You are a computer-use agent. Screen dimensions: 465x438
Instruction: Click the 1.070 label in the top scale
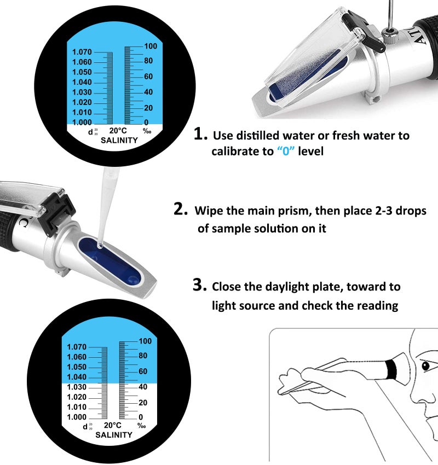coord(82,52)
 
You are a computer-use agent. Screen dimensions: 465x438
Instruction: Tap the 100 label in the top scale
coord(150,47)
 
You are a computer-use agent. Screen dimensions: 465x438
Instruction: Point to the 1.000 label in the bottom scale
coord(77,417)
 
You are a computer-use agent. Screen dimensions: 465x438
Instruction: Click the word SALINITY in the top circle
coord(119,141)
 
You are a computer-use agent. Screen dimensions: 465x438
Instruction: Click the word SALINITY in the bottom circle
coord(113,435)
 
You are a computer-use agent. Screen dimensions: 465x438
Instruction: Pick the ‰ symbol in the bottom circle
coord(141,426)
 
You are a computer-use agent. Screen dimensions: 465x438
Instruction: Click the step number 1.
coord(200,135)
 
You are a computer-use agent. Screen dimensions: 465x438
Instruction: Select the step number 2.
coord(181,210)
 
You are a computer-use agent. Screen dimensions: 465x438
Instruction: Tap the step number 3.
coord(199,285)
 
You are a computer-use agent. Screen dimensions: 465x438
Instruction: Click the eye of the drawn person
coord(427,365)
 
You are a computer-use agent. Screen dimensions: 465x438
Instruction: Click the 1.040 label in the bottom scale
coord(77,377)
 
